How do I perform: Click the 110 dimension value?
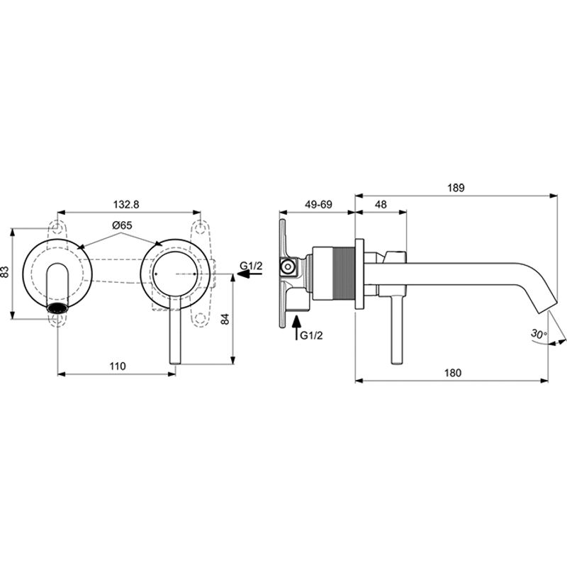[118, 366]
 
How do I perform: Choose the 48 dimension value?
[381, 204]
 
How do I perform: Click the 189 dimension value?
[456, 188]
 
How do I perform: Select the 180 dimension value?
[454, 372]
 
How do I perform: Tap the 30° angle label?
[538, 333]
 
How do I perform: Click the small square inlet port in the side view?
[289, 268]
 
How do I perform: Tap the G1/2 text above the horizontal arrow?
[251, 266]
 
